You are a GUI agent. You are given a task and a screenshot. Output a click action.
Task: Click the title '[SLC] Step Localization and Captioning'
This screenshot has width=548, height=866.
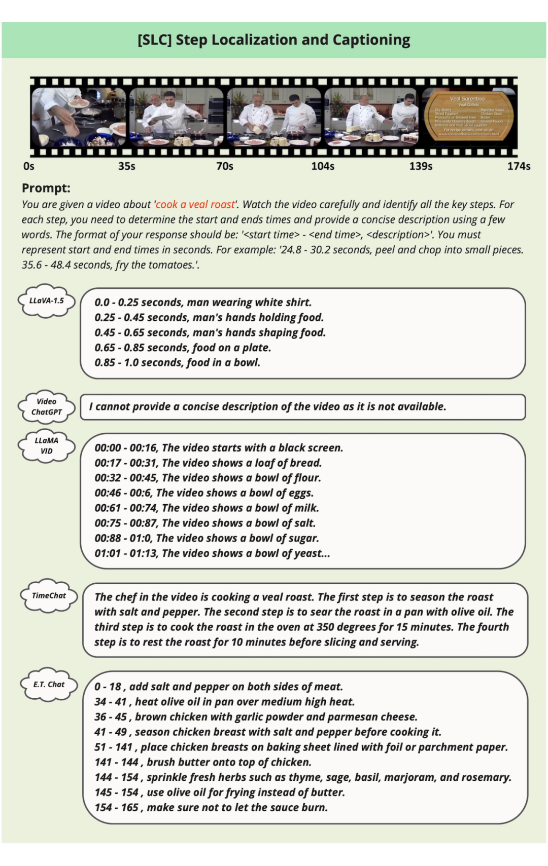point(273,40)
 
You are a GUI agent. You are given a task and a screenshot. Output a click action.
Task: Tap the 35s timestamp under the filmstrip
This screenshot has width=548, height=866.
point(126,166)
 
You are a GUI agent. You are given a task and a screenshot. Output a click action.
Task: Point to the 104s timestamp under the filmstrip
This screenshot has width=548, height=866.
point(323,166)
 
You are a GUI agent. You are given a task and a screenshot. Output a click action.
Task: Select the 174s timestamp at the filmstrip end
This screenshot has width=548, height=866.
point(519,166)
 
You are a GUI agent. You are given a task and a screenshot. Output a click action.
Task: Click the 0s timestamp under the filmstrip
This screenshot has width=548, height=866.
point(29,166)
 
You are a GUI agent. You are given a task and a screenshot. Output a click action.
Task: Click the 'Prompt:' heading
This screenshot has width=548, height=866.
point(46,188)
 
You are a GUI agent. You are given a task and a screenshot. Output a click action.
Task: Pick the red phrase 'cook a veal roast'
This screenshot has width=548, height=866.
point(195,204)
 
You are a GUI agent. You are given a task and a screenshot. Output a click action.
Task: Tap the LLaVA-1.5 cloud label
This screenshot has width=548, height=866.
point(47,300)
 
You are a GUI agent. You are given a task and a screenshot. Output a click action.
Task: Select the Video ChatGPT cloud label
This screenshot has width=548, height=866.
point(47,406)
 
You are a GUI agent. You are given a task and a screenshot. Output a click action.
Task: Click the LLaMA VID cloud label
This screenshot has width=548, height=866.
point(47,445)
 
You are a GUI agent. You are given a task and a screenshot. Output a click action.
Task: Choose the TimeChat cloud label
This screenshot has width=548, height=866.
point(49,595)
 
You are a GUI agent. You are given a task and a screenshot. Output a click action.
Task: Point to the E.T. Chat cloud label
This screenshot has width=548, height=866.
point(49,684)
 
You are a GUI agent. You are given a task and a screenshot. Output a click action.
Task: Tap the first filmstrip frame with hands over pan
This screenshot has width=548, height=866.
point(79,117)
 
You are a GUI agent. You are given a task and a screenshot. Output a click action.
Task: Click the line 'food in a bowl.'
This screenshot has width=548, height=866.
point(177,363)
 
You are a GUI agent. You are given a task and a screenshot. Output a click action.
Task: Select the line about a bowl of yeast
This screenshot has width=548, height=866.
point(212,553)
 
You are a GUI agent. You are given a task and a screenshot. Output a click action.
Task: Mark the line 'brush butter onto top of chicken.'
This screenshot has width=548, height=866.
point(203,762)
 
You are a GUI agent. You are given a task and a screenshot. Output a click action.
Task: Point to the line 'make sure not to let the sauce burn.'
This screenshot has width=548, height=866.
point(211,807)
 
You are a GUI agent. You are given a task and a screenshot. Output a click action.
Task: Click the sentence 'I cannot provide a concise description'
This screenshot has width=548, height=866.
point(267,406)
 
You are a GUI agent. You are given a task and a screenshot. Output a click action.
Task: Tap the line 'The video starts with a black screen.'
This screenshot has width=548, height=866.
point(219,448)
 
